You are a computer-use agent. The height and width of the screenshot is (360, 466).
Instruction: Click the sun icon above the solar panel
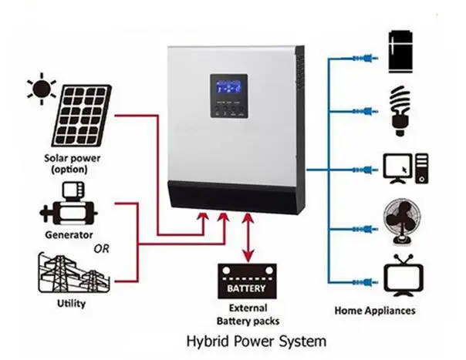(40, 89)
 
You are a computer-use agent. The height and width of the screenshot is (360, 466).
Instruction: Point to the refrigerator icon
(400, 52)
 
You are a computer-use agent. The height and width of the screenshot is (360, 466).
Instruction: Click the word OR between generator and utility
(102, 249)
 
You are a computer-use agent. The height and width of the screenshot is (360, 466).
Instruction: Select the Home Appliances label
(375, 311)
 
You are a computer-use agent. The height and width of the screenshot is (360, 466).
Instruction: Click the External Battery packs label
(247, 315)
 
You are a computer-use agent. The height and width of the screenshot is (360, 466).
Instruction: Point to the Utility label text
(72, 303)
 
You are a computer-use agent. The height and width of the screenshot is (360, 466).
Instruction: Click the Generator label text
(70, 234)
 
